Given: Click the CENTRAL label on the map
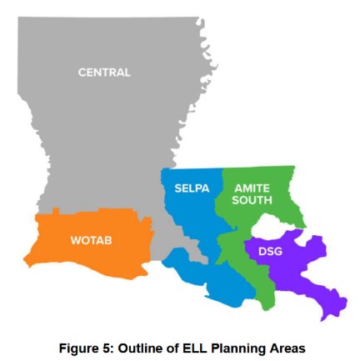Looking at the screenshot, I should pos(104,73).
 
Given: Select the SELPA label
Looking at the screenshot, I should pos(191,188).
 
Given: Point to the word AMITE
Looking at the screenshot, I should pos(251,188).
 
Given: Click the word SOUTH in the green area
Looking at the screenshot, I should pos(251,201).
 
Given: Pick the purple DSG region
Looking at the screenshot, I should pos(308,267).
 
